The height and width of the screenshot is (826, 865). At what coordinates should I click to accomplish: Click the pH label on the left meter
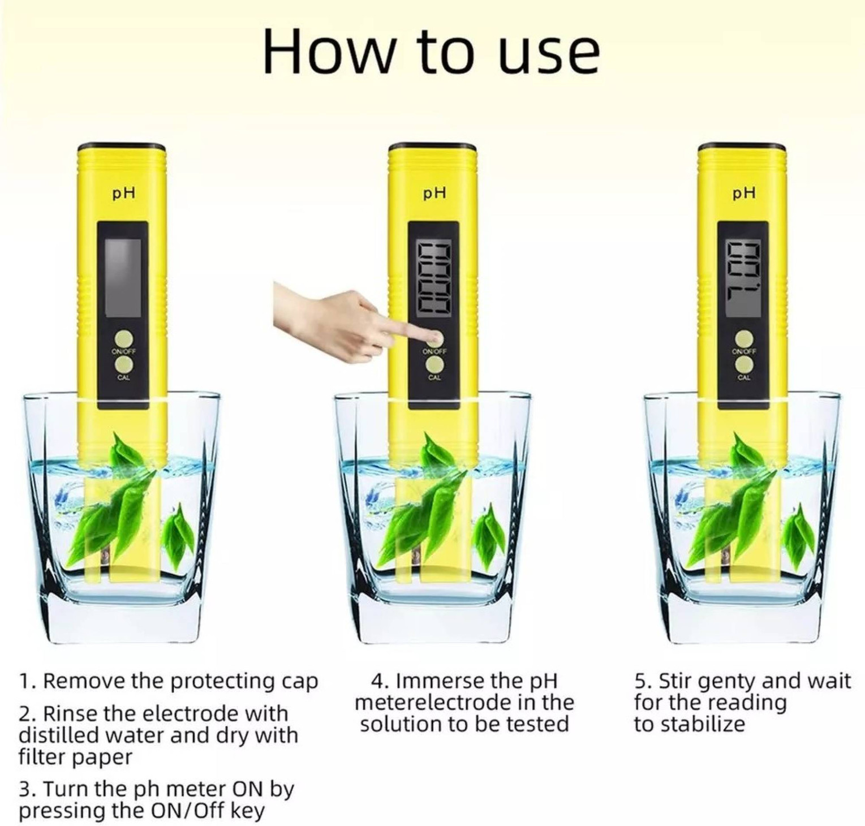[x=123, y=193]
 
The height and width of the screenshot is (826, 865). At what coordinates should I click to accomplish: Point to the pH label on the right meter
[x=743, y=193]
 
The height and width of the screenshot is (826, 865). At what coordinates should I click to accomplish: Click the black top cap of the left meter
[x=121, y=147]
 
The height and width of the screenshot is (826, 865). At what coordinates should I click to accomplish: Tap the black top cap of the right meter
[x=742, y=147]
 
